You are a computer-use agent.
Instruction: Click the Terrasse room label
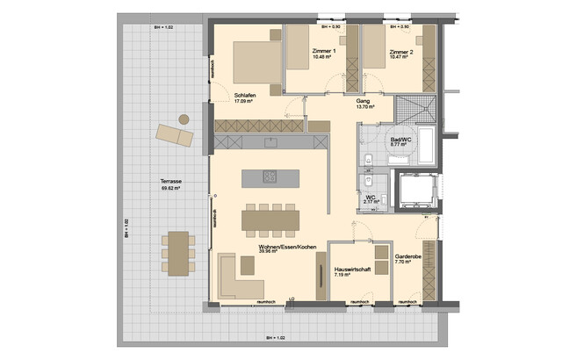[171, 181]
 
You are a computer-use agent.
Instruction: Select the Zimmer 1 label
[324, 52]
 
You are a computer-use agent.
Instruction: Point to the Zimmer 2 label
[400, 52]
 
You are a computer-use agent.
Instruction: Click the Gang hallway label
[362, 101]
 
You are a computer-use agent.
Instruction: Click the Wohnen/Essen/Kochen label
[281, 248]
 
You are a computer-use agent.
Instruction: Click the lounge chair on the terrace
[172, 134]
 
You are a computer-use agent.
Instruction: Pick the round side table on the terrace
[184, 119]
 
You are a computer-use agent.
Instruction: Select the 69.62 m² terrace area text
[171, 188]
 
